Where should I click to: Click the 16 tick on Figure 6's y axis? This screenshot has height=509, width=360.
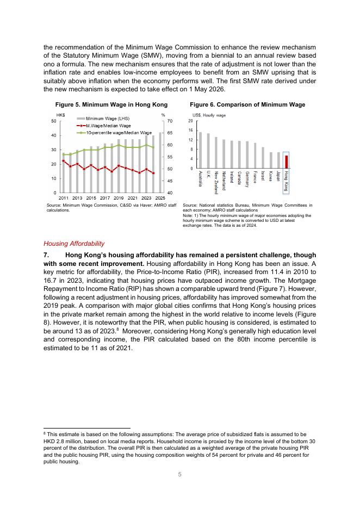191,131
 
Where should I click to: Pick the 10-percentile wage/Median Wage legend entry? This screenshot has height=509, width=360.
115,132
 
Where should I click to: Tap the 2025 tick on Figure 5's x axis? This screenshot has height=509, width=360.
160,197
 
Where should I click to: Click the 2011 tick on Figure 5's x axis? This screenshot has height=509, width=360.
63,197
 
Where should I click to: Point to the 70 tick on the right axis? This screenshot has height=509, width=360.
170,121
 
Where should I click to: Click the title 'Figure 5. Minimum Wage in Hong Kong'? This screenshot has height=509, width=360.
111,104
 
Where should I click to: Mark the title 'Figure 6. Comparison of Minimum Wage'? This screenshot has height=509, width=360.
247,104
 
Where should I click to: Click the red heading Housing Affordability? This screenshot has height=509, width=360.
73,244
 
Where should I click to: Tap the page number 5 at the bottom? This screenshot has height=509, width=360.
180,474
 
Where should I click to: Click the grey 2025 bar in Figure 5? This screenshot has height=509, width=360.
160,163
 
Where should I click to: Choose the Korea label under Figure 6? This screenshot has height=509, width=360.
271,176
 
